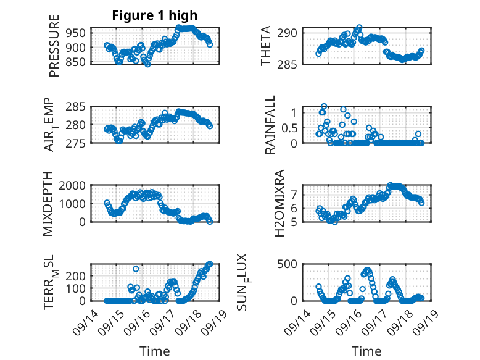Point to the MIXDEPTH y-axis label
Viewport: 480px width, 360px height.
coord(48,204)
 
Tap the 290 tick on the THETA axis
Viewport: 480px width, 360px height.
coord(290,32)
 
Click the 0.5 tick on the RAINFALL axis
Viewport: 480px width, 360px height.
coord(289,128)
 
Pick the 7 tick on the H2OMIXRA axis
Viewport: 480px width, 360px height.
coord(294,194)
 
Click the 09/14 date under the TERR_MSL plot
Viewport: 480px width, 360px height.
coord(85,317)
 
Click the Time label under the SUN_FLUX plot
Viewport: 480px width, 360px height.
coord(366,351)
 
